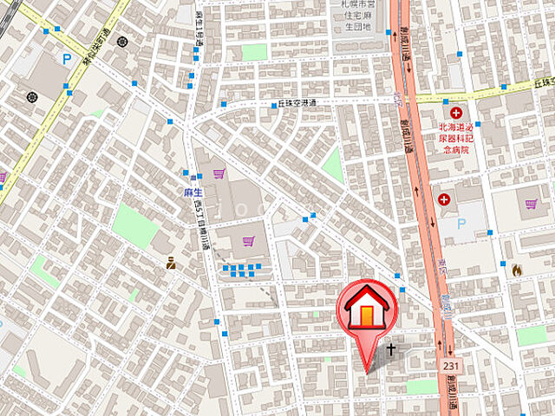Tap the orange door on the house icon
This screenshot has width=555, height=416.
[x=369, y=318]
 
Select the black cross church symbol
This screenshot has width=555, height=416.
[x=391, y=350]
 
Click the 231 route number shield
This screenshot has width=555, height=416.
[x=449, y=367]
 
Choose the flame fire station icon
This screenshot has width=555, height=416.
[x=517, y=270]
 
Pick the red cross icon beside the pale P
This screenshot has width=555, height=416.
[x=445, y=200]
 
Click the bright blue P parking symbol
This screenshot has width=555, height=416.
[x=67, y=60]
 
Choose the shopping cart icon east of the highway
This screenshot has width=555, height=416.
[x=531, y=205]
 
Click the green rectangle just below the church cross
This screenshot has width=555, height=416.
[x=421, y=385]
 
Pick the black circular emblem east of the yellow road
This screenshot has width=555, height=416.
[x=121, y=42]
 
